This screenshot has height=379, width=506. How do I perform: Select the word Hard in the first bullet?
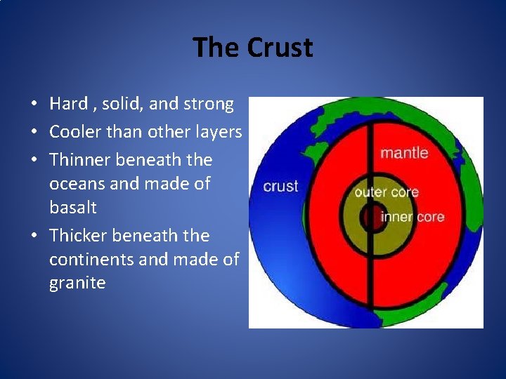coord(68,104)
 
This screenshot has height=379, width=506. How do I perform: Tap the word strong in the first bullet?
coord(208,104)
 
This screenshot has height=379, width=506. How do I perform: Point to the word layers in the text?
coord(216,132)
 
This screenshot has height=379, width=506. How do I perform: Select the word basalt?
coord(73,208)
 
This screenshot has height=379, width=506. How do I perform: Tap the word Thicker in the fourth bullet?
coord(79,236)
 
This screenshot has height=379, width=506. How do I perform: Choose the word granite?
coord(77,284)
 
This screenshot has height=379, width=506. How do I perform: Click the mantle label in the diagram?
coord(403,152)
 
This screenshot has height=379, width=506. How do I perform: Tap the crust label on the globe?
coord(280,187)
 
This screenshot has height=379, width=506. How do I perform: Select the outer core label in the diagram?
coord(386,192)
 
